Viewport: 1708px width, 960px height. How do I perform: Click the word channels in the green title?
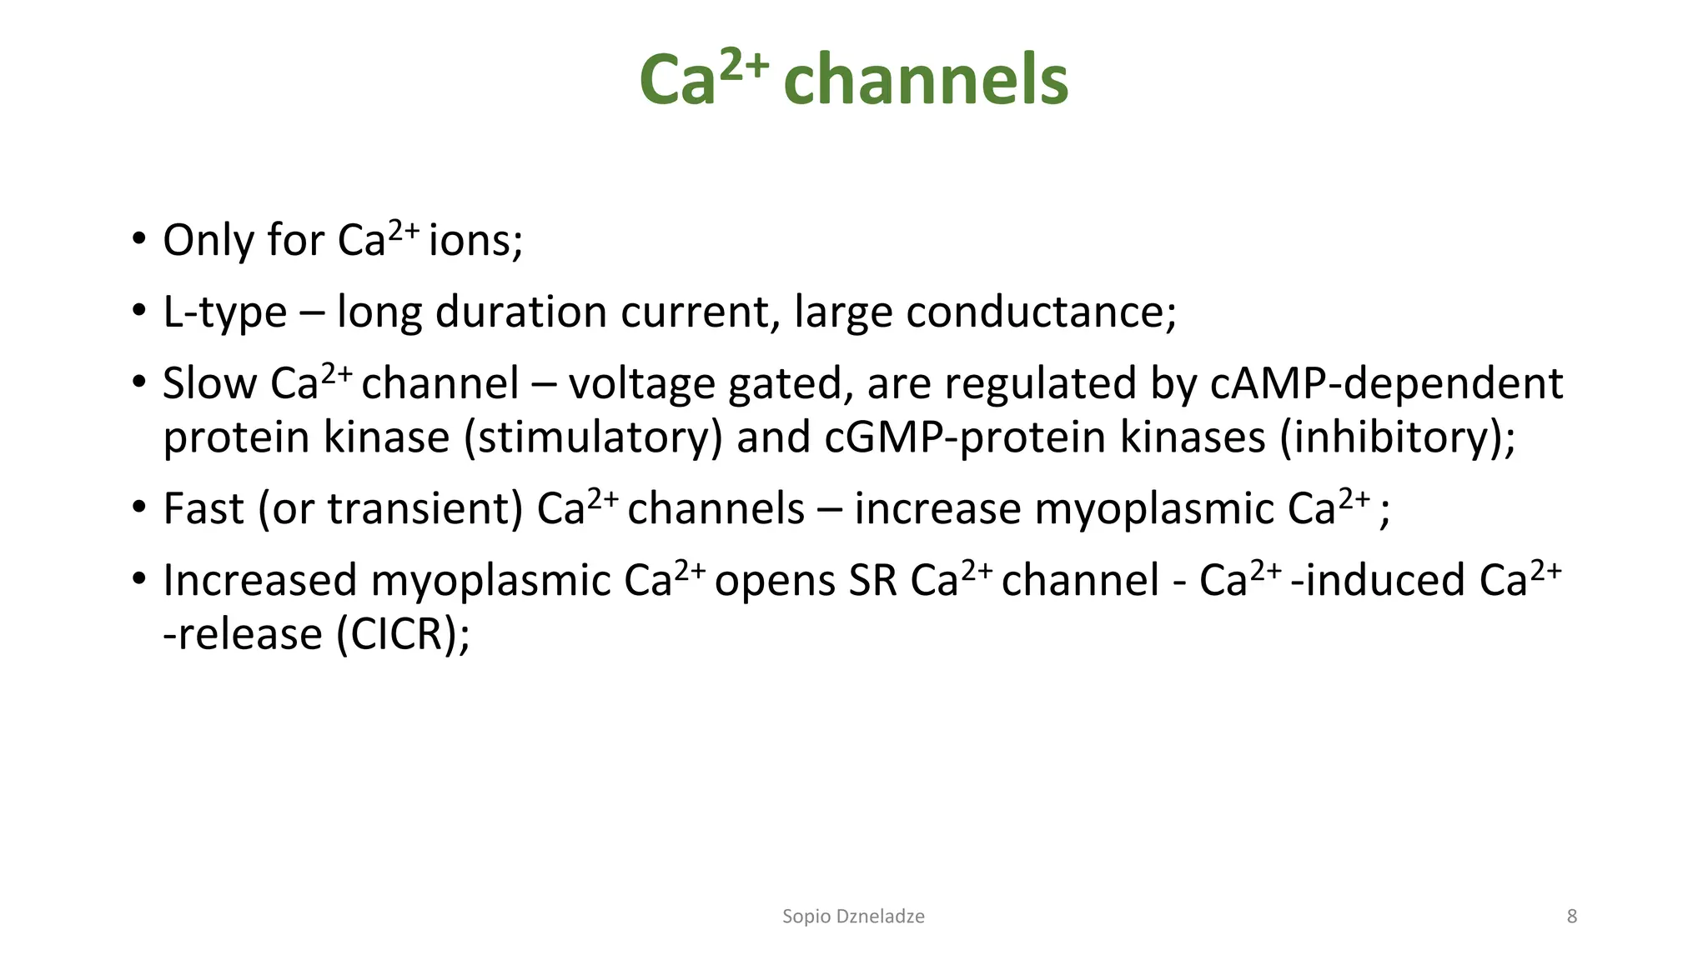926,80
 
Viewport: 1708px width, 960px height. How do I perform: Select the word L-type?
224,313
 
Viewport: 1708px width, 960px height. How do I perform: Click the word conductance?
1040,312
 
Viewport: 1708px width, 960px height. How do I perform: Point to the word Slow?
209,384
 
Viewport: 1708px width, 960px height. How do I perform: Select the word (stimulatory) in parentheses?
593,437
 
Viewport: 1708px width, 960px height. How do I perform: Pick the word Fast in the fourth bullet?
203,509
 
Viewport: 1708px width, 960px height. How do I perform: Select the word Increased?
259,581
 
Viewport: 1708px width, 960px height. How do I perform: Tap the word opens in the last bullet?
775,581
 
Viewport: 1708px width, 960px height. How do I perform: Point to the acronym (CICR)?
403,635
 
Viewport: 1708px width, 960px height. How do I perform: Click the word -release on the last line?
243,635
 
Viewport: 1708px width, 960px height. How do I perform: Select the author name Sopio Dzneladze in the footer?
853,917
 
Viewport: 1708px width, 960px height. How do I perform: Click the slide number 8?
1571,917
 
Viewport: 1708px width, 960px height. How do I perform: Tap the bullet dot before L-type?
138,312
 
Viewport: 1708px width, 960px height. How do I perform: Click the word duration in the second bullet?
521,312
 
